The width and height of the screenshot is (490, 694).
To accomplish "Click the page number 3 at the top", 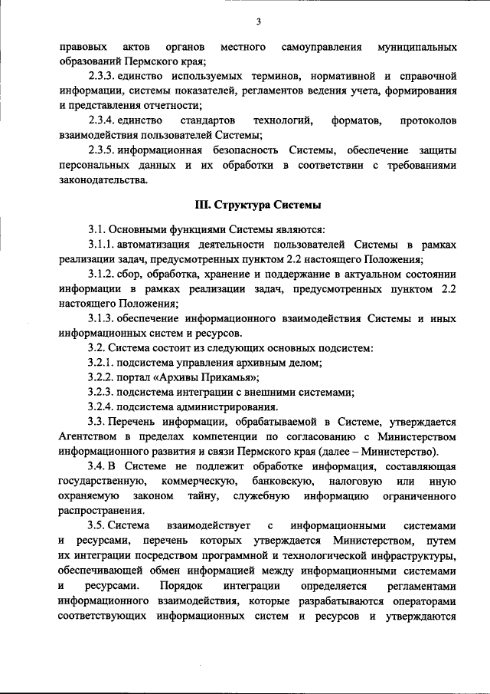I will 259,21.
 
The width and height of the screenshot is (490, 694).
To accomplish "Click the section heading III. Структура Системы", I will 258,205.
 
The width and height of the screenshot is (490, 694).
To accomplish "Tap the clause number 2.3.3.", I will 101,77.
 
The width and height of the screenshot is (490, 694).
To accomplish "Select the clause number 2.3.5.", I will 101,150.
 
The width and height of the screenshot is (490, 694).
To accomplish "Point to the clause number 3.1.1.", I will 101,245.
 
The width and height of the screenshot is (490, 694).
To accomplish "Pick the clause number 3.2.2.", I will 101,377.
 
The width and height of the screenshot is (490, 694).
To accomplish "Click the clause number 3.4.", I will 96,466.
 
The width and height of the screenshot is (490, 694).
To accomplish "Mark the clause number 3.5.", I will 96,525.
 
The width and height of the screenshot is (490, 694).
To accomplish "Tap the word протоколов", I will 429,121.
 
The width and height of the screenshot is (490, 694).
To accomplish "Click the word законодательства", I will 101,180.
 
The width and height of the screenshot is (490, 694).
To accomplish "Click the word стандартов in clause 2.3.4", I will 200,121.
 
